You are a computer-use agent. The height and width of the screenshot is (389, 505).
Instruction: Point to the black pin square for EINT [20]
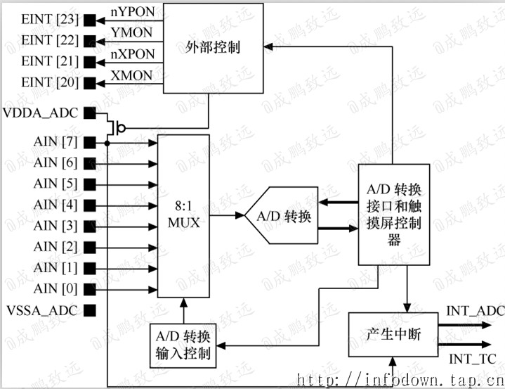pyautogui.click(x=89, y=82)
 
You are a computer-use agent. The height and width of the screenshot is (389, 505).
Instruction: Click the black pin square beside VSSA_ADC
pyautogui.click(x=89, y=310)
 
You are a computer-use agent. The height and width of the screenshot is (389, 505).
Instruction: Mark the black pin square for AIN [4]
pyautogui.click(x=89, y=205)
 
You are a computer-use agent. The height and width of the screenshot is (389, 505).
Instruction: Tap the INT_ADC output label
pyautogui.click(x=476, y=310)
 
